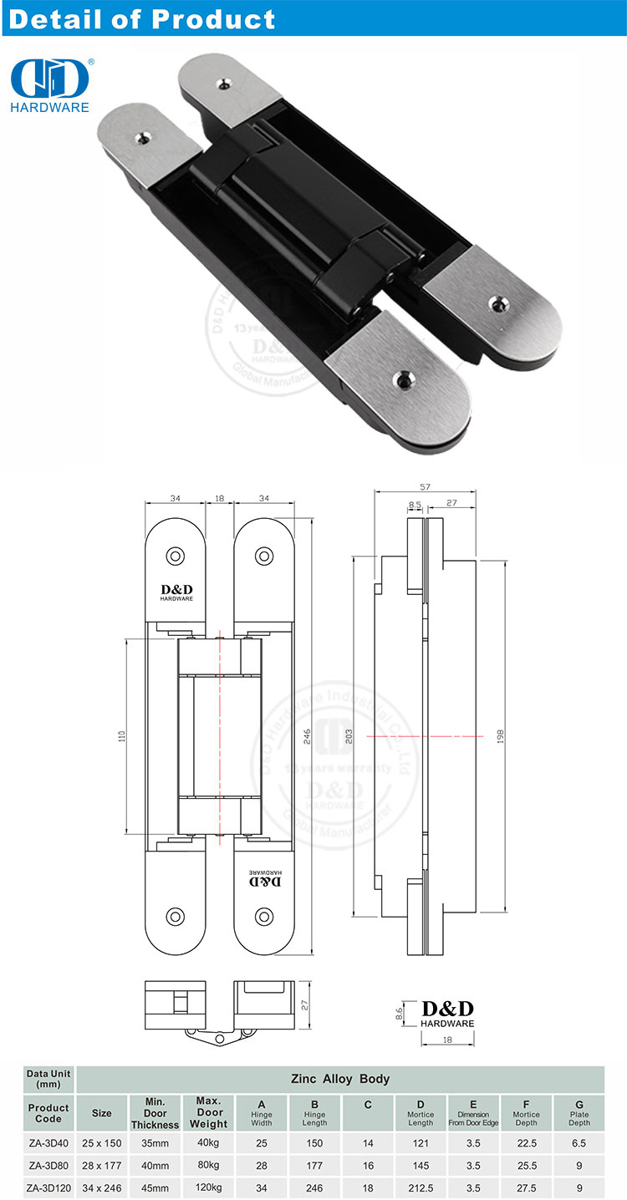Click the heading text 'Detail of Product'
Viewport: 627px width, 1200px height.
pyautogui.click(x=141, y=18)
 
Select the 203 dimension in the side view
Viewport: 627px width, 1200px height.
pyautogui.click(x=348, y=736)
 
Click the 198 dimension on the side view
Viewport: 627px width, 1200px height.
pyautogui.click(x=501, y=736)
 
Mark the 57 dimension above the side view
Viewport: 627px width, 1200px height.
pyautogui.click(x=425, y=487)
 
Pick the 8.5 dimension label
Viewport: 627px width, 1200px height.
pyautogui.click(x=415, y=504)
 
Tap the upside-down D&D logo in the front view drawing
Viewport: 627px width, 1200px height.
pyautogui.click(x=267, y=880)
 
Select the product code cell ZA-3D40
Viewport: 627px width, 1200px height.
pyautogui.click(x=48, y=1142)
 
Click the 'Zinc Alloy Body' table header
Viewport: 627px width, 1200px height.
pyautogui.click(x=339, y=1079)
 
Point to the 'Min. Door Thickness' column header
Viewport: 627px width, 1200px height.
pyautogui.click(x=155, y=1113)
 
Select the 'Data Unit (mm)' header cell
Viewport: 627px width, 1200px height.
pyautogui.click(x=48, y=1079)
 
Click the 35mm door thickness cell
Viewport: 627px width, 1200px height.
pyautogui.click(x=155, y=1142)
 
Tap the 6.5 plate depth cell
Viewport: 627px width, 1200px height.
pyautogui.click(x=579, y=1142)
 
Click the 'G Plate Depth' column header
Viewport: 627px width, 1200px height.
pyautogui.click(x=579, y=1113)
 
